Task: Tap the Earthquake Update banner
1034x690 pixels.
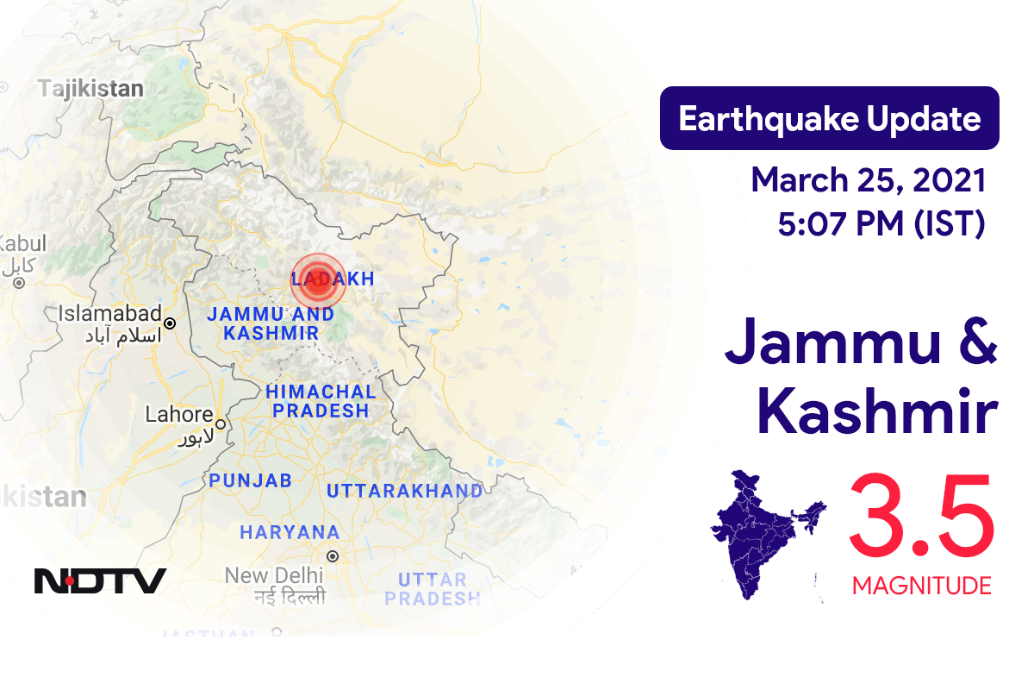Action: click(829, 118)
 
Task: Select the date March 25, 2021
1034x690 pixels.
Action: click(868, 181)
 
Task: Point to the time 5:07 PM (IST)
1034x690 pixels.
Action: click(881, 224)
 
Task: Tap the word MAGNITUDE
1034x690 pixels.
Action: click(921, 586)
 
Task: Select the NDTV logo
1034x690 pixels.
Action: click(100, 580)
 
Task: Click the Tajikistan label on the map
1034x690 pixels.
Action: click(90, 88)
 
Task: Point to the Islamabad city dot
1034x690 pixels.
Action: click(170, 323)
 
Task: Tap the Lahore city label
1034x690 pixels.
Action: click(178, 414)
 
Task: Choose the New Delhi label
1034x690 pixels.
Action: click(274, 574)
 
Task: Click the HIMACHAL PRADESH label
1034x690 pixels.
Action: click(321, 401)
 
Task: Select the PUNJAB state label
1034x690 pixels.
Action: click(250, 480)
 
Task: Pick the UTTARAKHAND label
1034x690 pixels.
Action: click(404, 491)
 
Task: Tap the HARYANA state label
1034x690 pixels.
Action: click(290, 533)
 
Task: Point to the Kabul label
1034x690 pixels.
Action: click(16, 244)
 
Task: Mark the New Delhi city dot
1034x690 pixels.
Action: click(332, 557)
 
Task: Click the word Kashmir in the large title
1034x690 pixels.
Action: click(877, 414)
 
